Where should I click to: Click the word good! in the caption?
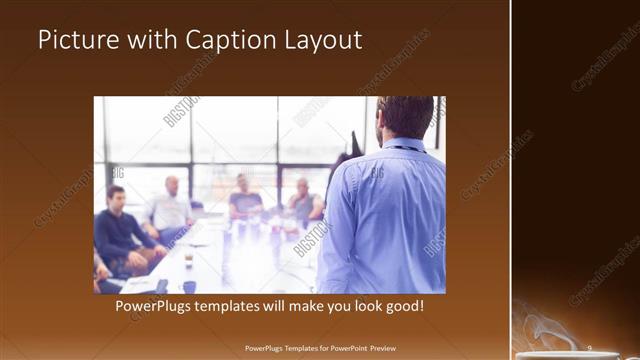[402, 306]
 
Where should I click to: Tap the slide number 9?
[590, 350]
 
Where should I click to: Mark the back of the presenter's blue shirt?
[385, 220]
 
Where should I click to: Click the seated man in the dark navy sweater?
[120, 230]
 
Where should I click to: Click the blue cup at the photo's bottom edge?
[189, 287]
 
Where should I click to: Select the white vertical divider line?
[511, 180]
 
